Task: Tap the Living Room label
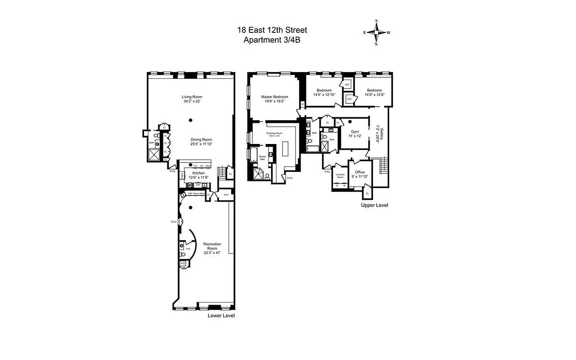pos(192,97)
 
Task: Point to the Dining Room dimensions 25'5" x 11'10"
pos(201,144)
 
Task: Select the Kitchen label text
pos(198,173)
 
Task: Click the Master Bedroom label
pos(274,97)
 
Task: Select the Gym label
pos(355,131)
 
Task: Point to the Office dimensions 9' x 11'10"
pos(360,177)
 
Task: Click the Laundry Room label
pos(340,175)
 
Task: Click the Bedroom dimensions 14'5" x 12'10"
pos(324,94)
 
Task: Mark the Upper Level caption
pos(374,205)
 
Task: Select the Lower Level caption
pos(221,315)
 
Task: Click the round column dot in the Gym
pos(350,121)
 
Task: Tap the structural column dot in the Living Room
pos(191,120)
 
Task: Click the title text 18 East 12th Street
pos(272,30)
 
